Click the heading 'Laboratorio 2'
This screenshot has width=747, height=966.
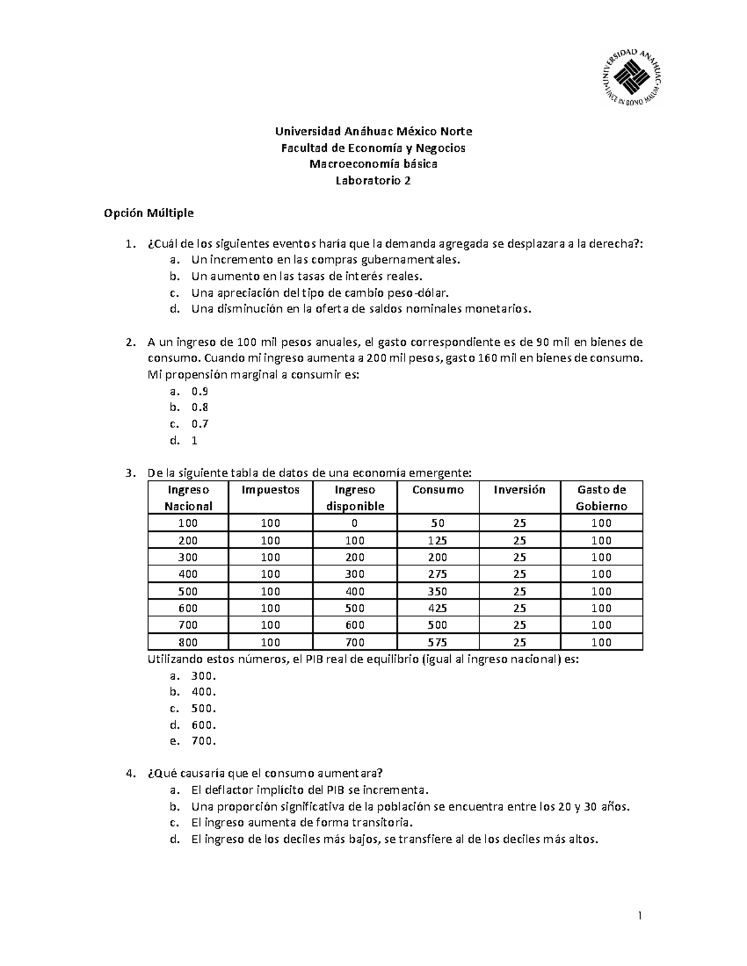tap(374, 181)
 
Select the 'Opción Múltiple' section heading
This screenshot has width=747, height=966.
tap(149, 213)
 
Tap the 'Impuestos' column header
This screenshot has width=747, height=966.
tap(270, 490)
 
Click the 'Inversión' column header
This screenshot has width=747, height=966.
tap(519, 490)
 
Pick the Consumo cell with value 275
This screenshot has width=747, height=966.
tap(438, 574)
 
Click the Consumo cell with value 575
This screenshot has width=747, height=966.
tap(438, 642)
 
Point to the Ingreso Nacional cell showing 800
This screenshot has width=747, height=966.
tap(188, 642)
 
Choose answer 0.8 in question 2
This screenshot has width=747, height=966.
tap(200, 407)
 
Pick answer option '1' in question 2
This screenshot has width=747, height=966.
tap(194, 440)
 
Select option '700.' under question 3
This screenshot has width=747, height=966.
tap(204, 741)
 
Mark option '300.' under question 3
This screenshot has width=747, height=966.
tap(204, 676)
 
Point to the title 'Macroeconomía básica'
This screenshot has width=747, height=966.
tap(374, 164)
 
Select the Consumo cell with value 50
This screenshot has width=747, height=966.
tap(438, 523)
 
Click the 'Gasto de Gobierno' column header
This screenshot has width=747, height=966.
tap(601, 498)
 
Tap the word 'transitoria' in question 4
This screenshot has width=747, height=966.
tap(382, 823)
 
